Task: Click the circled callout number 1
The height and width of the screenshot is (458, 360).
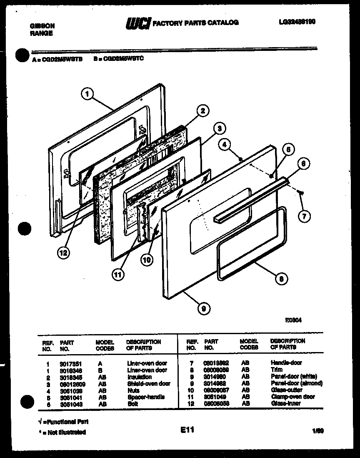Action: point(87,94)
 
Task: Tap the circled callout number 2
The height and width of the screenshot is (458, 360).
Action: point(202,111)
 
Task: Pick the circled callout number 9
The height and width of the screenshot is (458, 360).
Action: point(203,309)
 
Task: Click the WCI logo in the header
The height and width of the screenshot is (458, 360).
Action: point(138,23)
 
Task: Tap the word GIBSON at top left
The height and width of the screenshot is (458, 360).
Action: point(42,26)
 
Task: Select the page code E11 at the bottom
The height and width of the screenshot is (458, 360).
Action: point(187,430)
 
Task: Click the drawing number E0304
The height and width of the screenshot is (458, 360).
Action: point(293,321)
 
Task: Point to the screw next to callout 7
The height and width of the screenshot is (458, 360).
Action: point(301,192)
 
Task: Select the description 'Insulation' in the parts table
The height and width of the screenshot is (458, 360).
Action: point(140,377)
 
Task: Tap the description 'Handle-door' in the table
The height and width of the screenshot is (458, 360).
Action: point(286,363)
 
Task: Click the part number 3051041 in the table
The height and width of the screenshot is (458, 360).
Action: point(71,397)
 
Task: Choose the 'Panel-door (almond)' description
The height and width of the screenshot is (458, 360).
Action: point(296,383)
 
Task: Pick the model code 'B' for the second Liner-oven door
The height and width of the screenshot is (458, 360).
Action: point(100,370)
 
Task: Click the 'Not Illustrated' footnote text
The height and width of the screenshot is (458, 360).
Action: point(62,433)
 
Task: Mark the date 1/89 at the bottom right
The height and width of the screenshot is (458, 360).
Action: point(318,431)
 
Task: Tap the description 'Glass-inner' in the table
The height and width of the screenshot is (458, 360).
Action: point(286,404)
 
